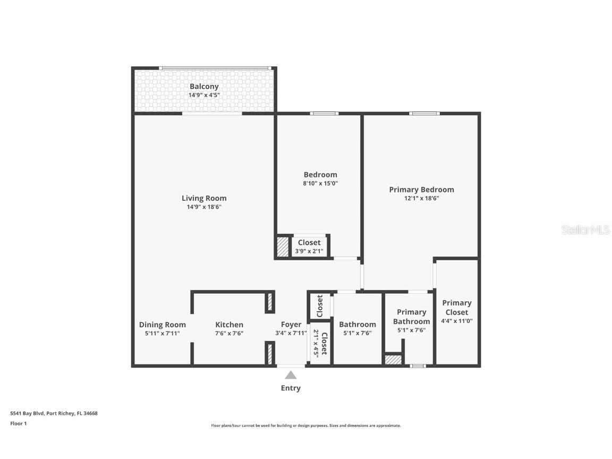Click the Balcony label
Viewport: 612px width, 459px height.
[x=204, y=87]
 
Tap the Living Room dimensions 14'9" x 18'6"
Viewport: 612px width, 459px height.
[x=204, y=207]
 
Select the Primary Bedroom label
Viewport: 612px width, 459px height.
[x=421, y=190]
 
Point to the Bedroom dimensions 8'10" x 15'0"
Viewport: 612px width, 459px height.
[x=320, y=183]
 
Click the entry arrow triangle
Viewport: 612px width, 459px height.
[x=291, y=375]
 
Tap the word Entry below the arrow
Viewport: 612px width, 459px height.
[x=291, y=388]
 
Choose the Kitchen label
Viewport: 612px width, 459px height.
[x=229, y=325]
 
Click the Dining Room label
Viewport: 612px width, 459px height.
[x=163, y=325]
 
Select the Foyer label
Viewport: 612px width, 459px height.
[x=291, y=325]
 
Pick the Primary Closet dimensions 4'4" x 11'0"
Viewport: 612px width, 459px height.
[x=456, y=321]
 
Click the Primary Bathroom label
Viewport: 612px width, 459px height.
[x=411, y=317]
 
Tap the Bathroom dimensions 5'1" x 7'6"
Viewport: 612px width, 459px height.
[x=357, y=333]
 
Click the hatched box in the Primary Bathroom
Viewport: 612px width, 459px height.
[x=393, y=360]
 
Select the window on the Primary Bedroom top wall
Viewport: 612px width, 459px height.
[x=424, y=113]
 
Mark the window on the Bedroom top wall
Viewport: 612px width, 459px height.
[x=324, y=113]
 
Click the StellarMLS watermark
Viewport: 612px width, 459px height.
[x=586, y=230]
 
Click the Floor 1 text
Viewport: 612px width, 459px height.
[x=18, y=423]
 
